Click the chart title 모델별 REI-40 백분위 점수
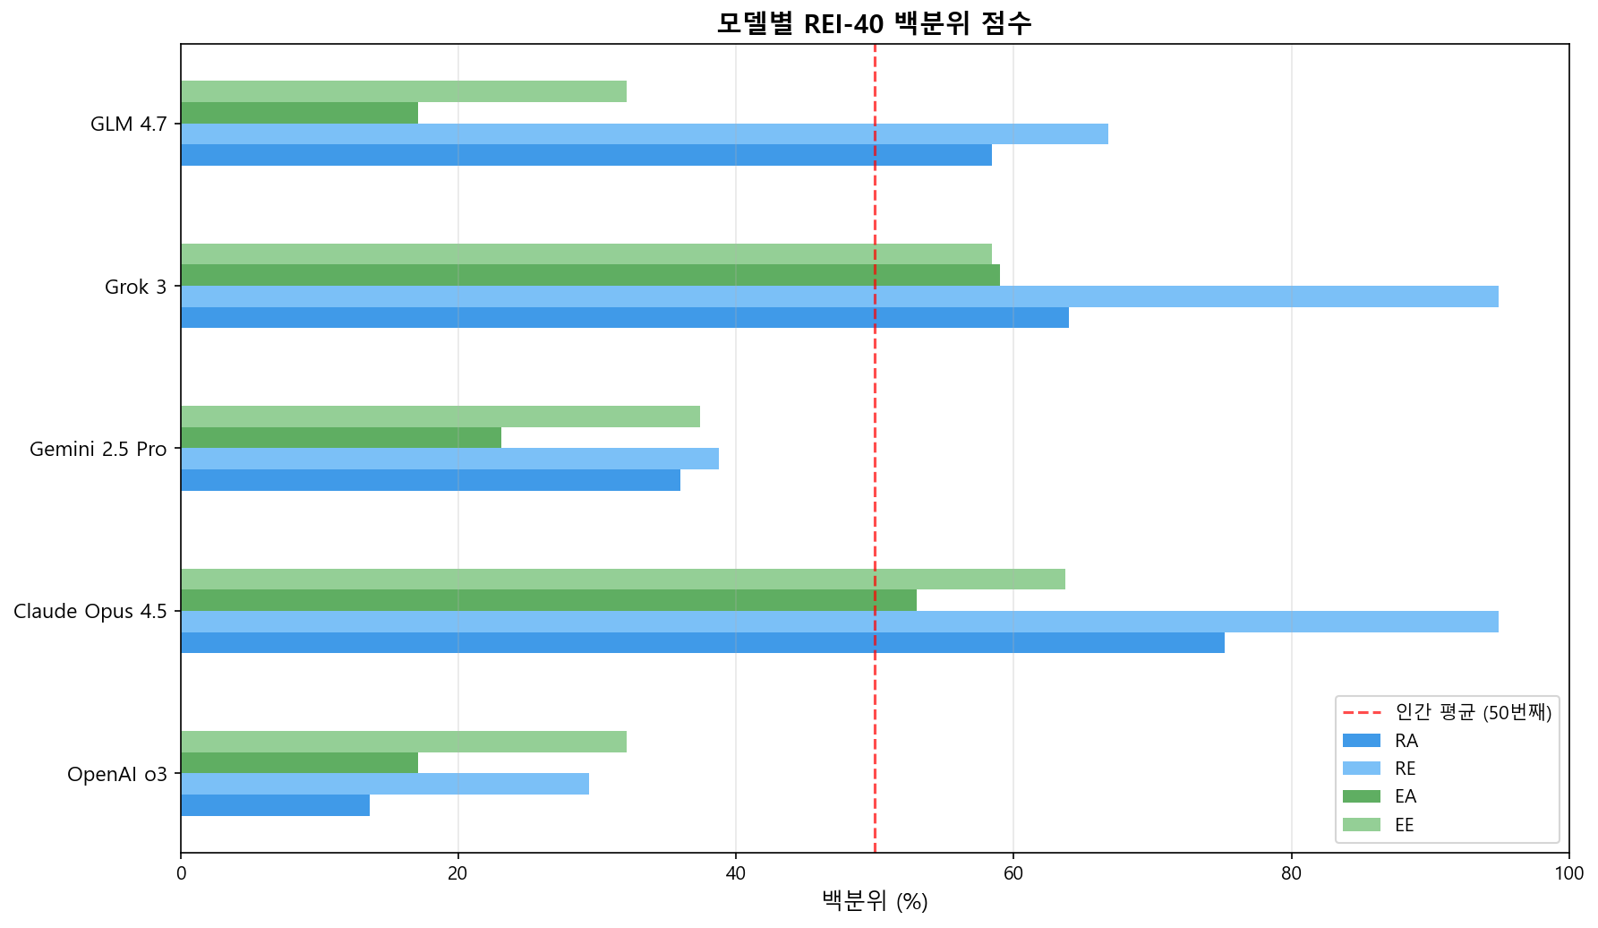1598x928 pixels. [874, 22]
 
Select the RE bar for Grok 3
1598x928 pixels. [839, 296]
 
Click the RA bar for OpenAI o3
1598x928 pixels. [275, 805]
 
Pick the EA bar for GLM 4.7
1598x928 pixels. [299, 113]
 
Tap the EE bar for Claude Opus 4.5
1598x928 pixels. [622, 579]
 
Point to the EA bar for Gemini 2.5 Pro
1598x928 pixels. [340, 437]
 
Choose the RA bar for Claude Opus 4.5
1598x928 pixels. [702, 642]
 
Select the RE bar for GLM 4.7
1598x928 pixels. [644, 133]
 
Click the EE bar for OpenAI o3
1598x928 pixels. [403, 742]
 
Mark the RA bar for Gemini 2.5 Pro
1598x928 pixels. [430, 480]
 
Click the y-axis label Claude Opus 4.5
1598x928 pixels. [90, 612]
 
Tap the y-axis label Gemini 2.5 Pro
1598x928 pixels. [98, 450]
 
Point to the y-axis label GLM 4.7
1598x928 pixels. [129, 125]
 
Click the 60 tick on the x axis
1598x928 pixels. [1013, 873]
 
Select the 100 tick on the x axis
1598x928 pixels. [1568, 873]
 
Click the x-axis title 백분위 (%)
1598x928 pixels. [875, 902]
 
